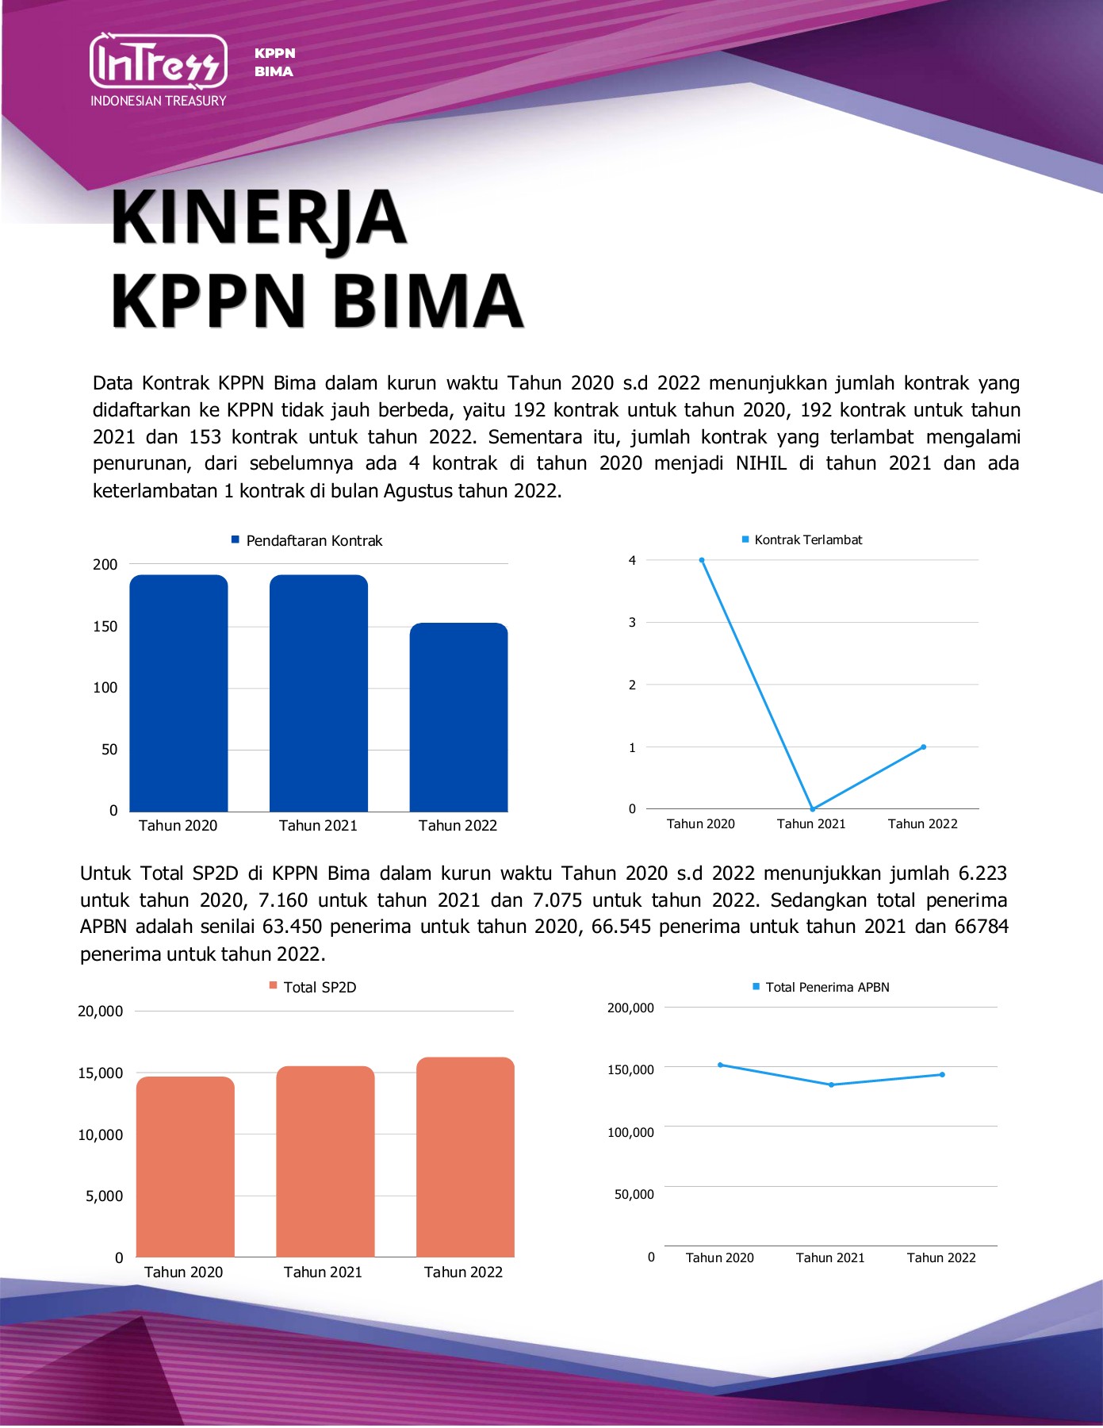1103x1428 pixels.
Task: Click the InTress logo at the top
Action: click(x=159, y=61)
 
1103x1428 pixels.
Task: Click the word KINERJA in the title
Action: click(x=259, y=217)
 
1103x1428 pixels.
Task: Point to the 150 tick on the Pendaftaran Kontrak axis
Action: click(x=105, y=627)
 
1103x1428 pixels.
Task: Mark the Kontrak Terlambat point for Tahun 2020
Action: click(x=702, y=560)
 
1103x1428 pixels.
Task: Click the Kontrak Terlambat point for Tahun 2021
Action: click(x=813, y=809)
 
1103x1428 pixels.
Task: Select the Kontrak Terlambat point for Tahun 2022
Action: click(x=923, y=747)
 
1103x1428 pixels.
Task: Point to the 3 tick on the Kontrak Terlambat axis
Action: click(x=632, y=623)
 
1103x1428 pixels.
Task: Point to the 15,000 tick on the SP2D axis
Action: click(x=101, y=1073)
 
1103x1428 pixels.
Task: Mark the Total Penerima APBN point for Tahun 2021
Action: click(x=831, y=1084)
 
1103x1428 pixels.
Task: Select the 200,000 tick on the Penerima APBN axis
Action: click(x=630, y=1008)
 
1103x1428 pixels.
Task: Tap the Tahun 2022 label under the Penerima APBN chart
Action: click(x=941, y=1257)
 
